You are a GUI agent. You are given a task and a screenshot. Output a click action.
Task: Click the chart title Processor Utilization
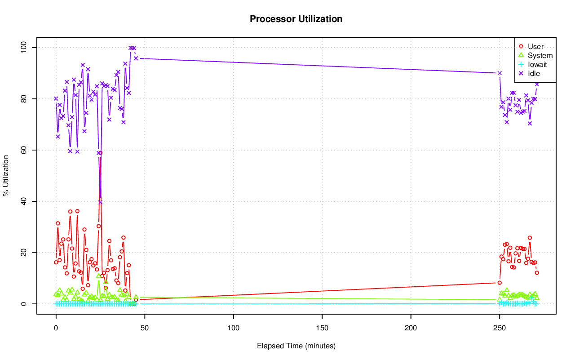click(296, 19)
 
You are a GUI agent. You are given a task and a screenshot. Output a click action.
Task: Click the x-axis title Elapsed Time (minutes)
click(296, 346)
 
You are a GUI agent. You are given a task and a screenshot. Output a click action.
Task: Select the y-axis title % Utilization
click(6, 175)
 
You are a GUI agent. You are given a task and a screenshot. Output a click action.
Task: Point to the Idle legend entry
click(534, 73)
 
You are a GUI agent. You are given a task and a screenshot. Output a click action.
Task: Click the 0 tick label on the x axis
click(56, 328)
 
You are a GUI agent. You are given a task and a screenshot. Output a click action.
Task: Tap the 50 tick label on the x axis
click(145, 328)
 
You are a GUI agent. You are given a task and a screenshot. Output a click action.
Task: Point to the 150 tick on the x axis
click(322, 328)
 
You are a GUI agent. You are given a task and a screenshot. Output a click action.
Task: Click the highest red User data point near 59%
click(100, 153)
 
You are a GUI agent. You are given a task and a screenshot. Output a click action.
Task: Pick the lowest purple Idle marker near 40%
click(100, 202)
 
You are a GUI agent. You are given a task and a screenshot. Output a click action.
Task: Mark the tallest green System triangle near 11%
click(99, 276)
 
